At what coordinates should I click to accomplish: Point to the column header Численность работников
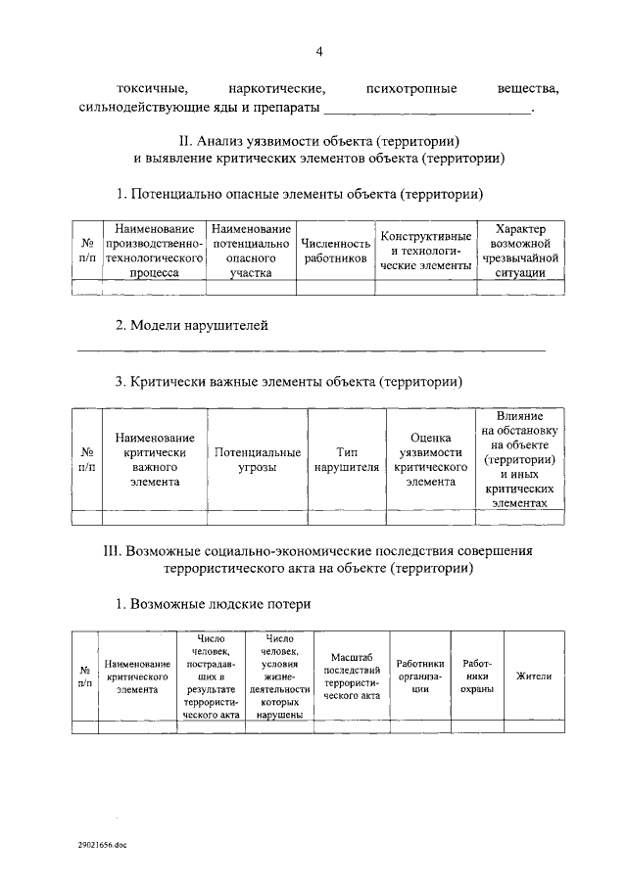(x=335, y=251)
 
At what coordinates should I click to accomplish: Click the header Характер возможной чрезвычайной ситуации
(x=519, y=251)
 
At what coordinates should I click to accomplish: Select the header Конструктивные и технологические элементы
(x=426, y=251)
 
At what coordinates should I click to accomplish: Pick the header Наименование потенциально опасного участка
(x=251, y=251)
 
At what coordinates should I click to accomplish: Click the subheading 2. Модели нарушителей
(x=191, y=325)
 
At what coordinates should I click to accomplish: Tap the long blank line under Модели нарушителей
(x=312, y=349)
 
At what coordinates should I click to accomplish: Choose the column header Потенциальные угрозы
(x=258, y=459)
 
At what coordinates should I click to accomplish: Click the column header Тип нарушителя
(x=346, y=459)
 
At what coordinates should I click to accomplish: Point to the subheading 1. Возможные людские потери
(x=214, y=604)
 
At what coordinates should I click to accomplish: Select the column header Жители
(x=534, y=676)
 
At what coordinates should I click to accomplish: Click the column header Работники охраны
(x=476, y=676)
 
